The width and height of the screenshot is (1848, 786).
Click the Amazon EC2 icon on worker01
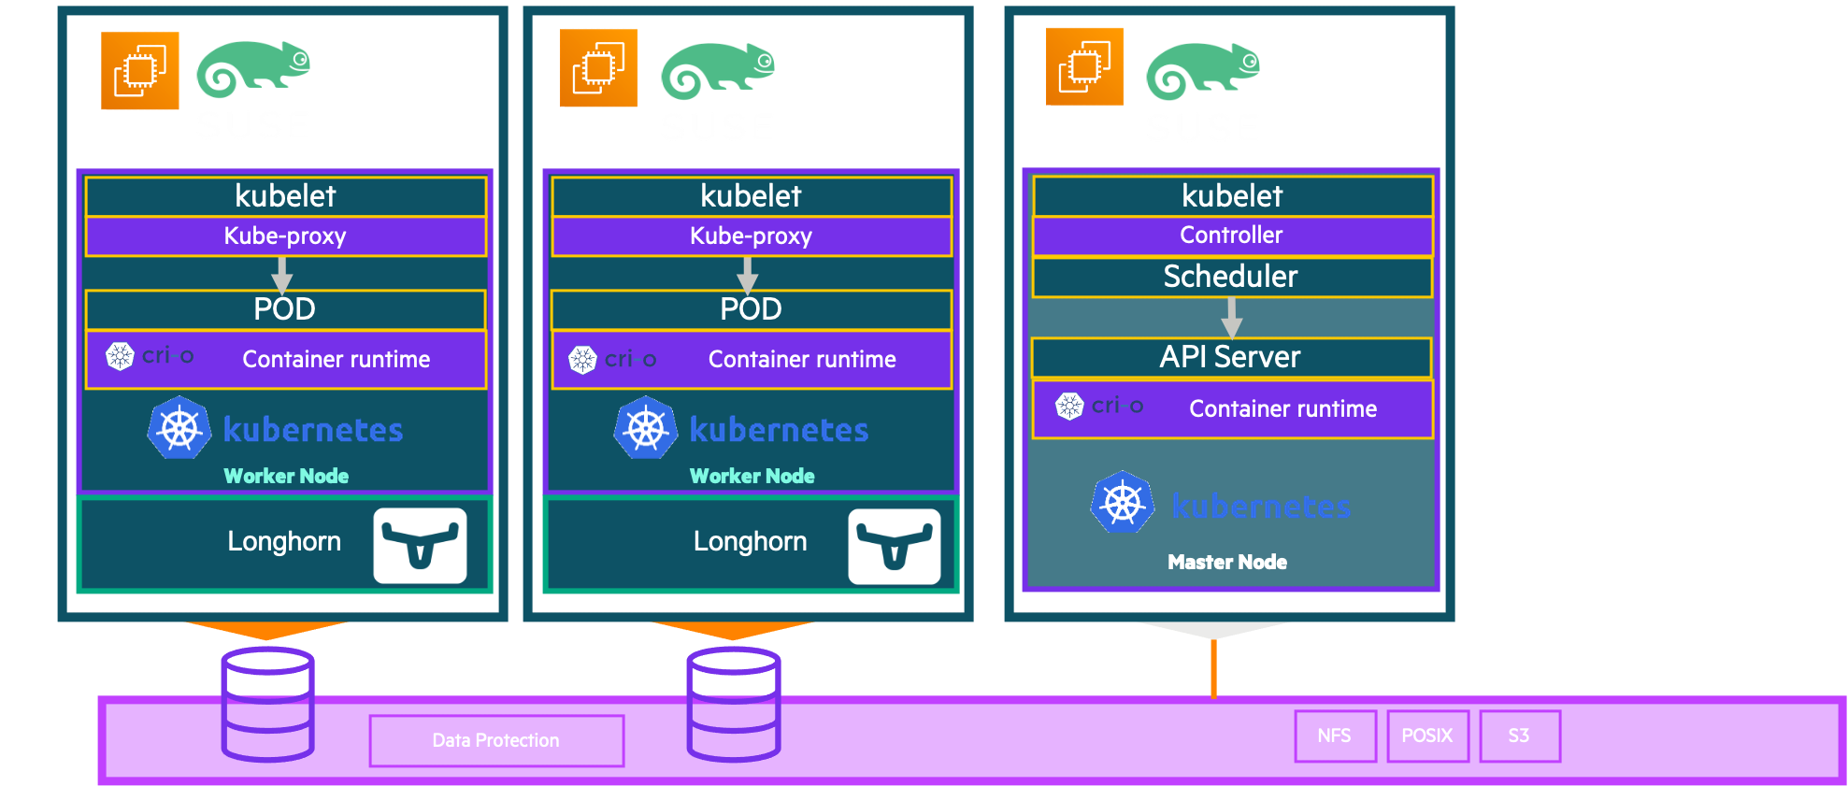click(140, 71)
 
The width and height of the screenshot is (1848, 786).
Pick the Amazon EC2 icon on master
click(1084, 67)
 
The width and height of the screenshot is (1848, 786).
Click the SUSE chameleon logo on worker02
click(717, 70)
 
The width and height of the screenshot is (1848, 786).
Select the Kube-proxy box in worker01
click(285, 236)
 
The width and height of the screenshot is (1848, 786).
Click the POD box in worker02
click(751, 309)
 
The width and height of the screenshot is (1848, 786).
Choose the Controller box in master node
click(1231, 236)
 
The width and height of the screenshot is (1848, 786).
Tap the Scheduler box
click(1231, 277)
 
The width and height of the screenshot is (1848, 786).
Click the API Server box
click(1230, 357)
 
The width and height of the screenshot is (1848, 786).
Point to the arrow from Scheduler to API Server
click(1232, 318)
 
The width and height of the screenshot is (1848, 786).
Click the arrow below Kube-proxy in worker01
click(282, 275)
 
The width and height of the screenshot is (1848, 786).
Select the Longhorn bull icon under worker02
click(894, 547)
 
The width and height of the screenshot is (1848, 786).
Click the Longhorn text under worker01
click(284, 541)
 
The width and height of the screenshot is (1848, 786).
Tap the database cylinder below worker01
click(267, 704)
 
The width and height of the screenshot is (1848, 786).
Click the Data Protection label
click(495, 740)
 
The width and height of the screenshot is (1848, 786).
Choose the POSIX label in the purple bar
click(1426, 736)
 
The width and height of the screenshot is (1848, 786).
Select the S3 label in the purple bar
click(1518, 736)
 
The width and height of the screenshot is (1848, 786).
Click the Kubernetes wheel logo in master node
click(1123, 503)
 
